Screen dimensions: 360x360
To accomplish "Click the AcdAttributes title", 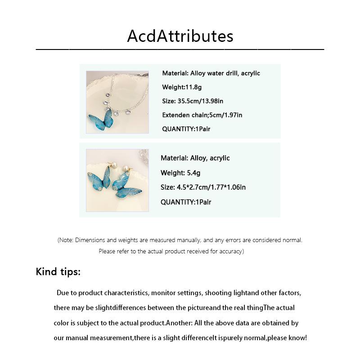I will click(180, 36).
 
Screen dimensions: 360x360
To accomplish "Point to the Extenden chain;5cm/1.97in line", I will click(202, 115).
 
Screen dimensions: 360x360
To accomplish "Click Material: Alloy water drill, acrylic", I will click(211, 73).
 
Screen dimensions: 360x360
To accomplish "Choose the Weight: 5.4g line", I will click(180, 173).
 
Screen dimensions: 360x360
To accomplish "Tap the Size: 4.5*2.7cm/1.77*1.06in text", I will click(203, 187).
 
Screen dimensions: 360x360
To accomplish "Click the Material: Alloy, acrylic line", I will click(195, 158).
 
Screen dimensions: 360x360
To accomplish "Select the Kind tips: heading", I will click(58, 272).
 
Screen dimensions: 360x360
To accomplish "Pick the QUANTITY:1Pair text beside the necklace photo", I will click(186, 129).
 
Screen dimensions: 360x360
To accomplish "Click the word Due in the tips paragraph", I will click(63, 293).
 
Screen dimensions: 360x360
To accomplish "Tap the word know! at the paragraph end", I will click(297, 337).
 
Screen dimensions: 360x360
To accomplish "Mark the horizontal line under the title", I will click(180, 49).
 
